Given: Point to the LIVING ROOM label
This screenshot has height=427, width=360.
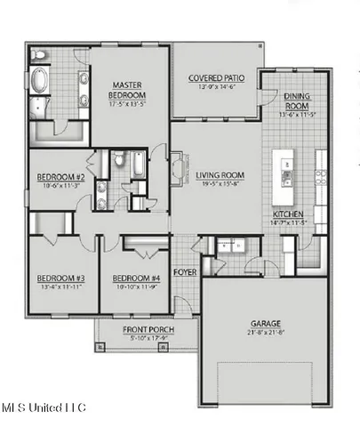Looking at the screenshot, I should [x=220, y=175].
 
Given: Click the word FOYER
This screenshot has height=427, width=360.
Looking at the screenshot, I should [x=185, y=271].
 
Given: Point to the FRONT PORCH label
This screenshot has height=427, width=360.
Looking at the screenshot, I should [x=148, y=331].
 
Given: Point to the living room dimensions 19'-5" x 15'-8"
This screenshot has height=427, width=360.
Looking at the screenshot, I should [x=220, y=185].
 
